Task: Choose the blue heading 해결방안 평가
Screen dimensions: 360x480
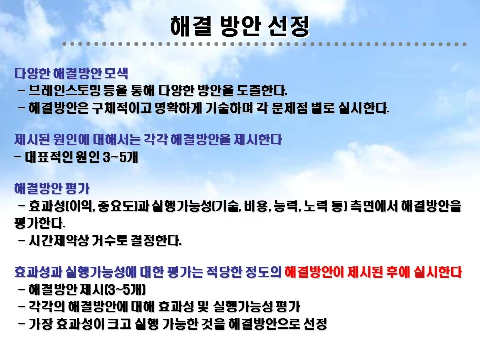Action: [x=52, y=190]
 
